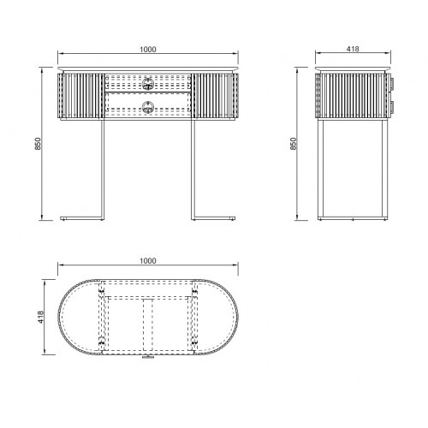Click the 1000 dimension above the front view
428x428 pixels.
click(148, 50)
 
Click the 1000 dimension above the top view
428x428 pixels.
click(148, 261)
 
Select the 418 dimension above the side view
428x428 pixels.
click(353, 49)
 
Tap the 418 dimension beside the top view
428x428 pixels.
click(41, 317)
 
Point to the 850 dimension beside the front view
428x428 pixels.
click(38, 144)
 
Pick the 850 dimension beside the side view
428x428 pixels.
click(294, 144)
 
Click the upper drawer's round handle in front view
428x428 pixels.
click(148, 83)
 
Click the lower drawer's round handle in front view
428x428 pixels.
click(148, 107)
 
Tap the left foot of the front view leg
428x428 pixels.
click(82, 218)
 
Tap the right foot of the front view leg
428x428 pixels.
click(213, 218)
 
